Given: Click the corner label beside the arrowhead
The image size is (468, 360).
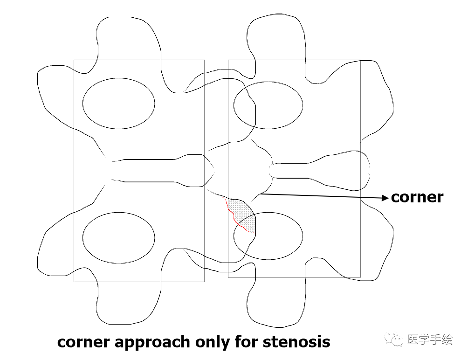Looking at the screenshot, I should click(417, 197).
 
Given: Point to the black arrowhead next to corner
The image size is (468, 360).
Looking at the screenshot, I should click(385, 198).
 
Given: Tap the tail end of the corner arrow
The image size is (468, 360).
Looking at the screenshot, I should click(262, 194).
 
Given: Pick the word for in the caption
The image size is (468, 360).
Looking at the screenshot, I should click(236, 342).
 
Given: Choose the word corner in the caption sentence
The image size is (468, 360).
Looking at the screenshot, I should click(83, 342).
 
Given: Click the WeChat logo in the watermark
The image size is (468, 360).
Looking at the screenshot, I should click(397, 339).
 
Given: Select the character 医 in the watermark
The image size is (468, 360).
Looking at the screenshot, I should click(412, 339).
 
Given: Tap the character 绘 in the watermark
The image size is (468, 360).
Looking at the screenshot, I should click(447, 339).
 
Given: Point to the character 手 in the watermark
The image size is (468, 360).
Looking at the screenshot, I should click(435, 339).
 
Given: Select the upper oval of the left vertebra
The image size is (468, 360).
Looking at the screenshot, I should click(118, 103).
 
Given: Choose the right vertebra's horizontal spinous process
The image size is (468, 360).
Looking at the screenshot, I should click(317, 170).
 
